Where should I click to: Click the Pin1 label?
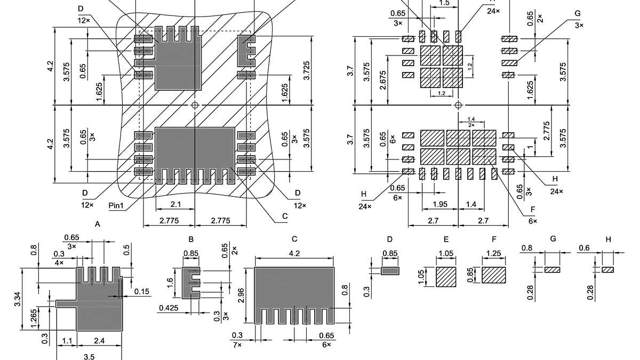tap(116, 204)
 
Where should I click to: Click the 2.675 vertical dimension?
tap(383, 79)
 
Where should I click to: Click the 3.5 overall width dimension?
tap(90, 356)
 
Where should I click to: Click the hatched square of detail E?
tap(446, 277)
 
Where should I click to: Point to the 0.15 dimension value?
tap(141, 291)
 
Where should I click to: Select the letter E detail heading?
tap(446, 239)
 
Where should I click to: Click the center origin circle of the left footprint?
tap(195, 105)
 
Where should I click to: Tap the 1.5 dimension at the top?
tap(444, 3)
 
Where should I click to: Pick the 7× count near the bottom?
tap(237, 346)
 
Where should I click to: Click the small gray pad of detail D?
tap(390, 271)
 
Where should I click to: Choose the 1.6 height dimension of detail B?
tap(170, 282)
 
